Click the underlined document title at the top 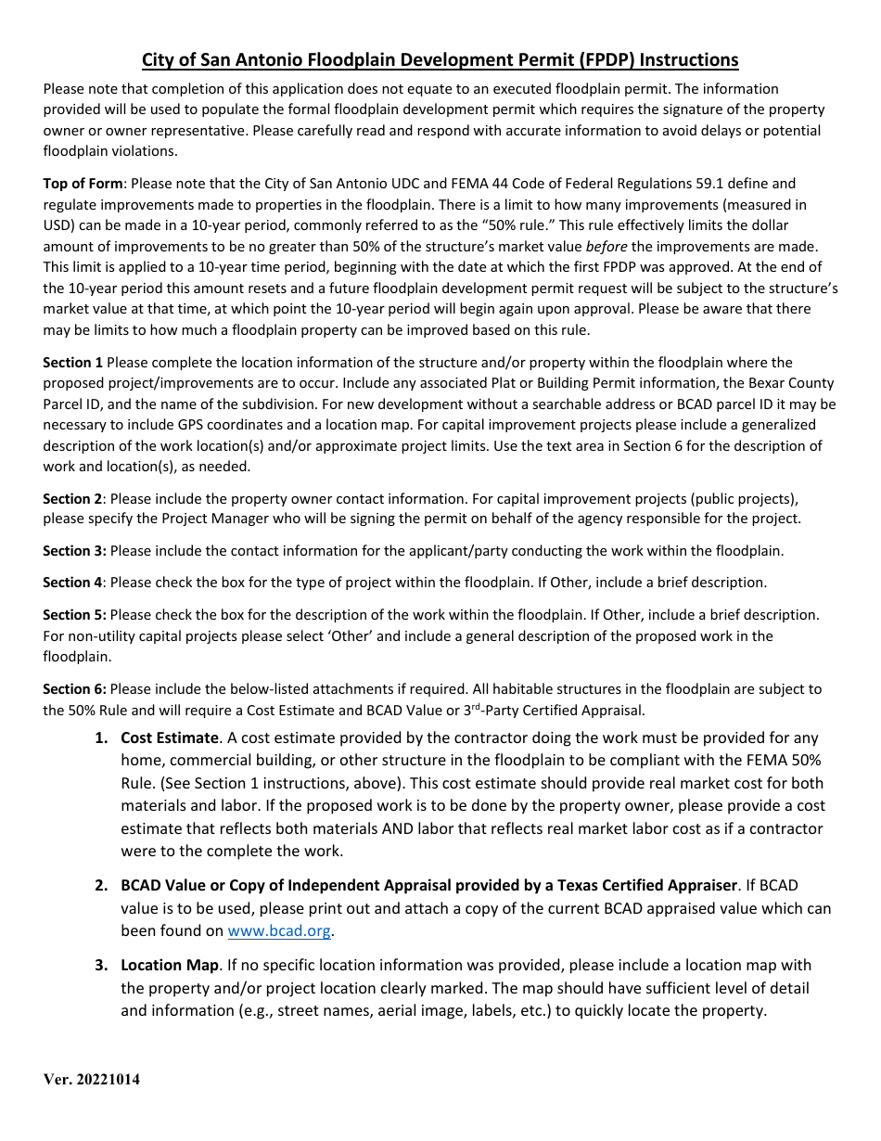tap(440, 60)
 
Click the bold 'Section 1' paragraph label tap(73, 362)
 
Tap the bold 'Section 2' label tap(72, 498)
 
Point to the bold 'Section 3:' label tap(74, 550)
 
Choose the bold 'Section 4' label tap(72, 583)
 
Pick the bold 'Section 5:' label tap(74, 614)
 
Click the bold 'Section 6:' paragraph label tap(74, 688)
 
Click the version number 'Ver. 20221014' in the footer tap(92, 1080)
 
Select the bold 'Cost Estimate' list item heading tap(170, 737)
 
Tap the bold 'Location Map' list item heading tap(170, 965)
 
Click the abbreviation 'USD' tap(58, 225)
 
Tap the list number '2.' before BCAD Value tap(101, 885)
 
